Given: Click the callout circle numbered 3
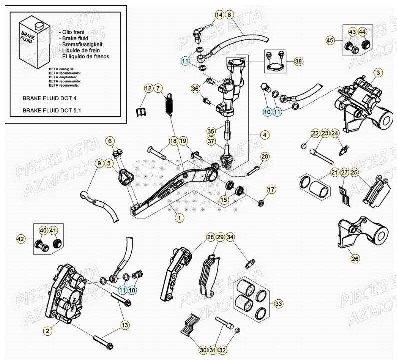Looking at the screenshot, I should click(x=378, y=73).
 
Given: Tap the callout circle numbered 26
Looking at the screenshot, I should click(x=354, y=259).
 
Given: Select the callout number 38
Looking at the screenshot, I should click(x=298, y=62).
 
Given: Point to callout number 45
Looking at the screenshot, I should click(x=329, y=40).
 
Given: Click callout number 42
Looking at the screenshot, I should click(x=21, y=239).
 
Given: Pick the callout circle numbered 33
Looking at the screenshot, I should click(x=278, y=303).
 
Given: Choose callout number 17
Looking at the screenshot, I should click(x=270, y=189).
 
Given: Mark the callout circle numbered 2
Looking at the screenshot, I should click(x=47, y=330).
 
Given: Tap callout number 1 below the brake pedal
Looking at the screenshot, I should click(x=178, y=217).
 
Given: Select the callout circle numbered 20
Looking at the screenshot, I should click(x=265, y=157).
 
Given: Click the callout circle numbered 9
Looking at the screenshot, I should click(x=99, y=163).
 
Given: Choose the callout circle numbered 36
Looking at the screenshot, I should click(x=195, y=89).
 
